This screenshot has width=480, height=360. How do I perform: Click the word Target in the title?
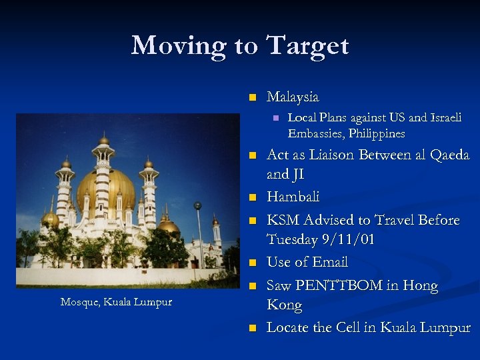(307, 45)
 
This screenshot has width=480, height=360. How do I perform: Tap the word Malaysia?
(293, 97)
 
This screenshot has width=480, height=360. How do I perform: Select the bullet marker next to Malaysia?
(251, 97)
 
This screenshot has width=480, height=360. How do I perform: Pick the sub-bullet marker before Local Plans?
(273, 118)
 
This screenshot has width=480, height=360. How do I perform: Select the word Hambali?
(293, 197)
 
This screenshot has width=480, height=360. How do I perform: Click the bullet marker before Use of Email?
(251, 263)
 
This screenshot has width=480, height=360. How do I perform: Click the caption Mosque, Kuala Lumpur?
(116, 301)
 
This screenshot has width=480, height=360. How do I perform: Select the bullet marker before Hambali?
(251, 197)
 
